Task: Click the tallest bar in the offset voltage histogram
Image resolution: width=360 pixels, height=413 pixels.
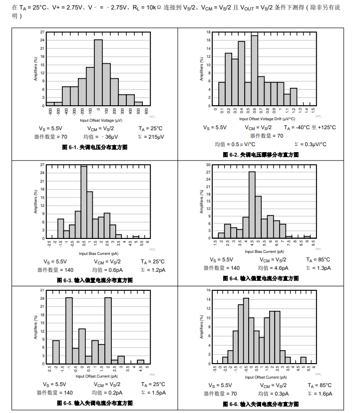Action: click(98, 73)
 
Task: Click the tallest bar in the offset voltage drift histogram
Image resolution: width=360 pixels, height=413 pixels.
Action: click(254, 70)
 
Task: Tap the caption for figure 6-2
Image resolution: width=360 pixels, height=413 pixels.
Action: click(261, 155)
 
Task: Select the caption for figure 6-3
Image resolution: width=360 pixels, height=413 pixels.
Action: click(95, 280)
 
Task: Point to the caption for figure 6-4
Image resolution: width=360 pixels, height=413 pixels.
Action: click(261, 278)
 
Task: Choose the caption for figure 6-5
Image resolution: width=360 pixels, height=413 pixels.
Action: click(95, 403)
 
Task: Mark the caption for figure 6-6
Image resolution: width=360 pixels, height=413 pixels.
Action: click(261, 404)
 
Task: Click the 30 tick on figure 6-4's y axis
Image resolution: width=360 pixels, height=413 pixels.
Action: click(208, 165)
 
